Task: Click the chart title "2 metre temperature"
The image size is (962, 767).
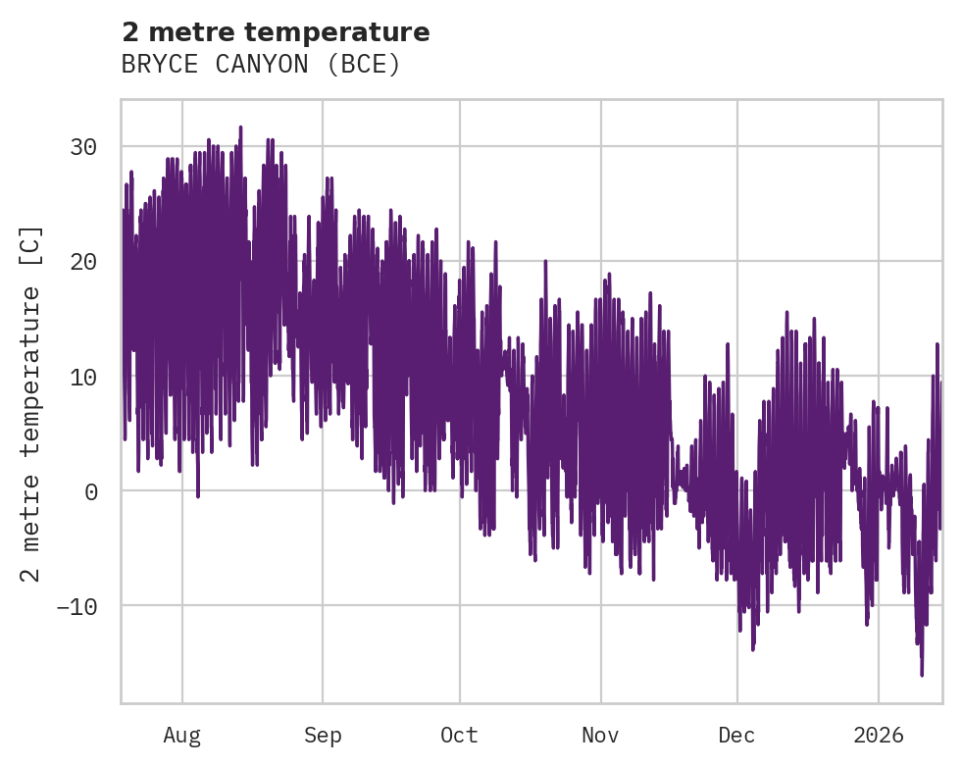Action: tap(276, 32)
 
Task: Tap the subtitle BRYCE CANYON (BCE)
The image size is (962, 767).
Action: tap(261, 65)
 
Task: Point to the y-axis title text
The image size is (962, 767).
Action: tap(31, 403)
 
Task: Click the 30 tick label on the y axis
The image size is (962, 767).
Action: tap(83, 147)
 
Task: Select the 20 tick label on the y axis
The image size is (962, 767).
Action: tap(83, 262)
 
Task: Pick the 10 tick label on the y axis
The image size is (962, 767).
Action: tap(83, 377)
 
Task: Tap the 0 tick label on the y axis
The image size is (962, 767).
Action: tap(90, 491)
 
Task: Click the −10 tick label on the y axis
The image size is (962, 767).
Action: tap(76, 606)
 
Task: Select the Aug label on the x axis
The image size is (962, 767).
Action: tap(182, 735)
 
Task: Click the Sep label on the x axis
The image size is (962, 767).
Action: tap(322, 735)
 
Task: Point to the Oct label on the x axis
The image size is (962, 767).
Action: tap(459, 735)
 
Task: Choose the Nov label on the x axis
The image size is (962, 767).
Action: tap(601, 735)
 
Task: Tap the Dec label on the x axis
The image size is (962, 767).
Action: tap(736, 735)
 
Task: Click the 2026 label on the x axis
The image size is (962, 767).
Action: tap(879, 735)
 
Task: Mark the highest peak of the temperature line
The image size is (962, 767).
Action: tap(240, 127)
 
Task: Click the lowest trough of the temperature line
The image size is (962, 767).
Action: tap(922, 675)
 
